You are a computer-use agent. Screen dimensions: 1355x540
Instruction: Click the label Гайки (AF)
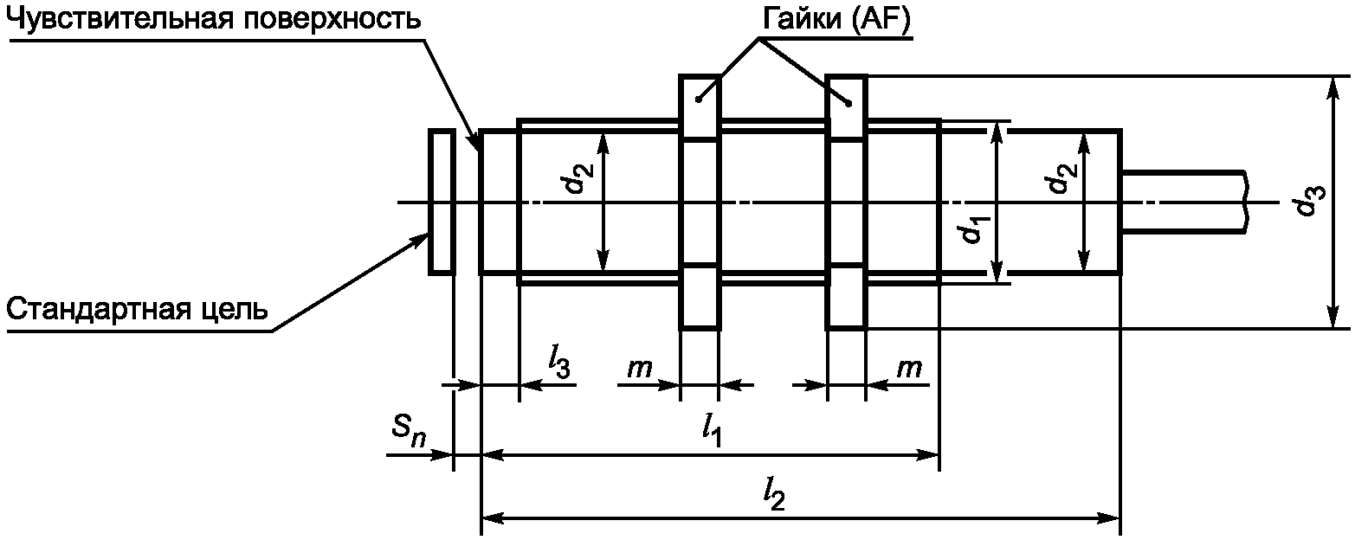(836, 19)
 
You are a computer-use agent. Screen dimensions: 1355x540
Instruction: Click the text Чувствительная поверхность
(214, 19)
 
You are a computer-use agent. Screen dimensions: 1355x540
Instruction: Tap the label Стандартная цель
(137, 310)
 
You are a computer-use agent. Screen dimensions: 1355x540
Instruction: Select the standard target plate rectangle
(442, 202)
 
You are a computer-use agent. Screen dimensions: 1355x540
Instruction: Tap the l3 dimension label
(559, 364)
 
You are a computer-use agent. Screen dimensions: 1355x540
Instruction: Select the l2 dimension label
(774, 496)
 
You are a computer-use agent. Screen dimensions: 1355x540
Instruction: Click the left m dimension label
(639, 367)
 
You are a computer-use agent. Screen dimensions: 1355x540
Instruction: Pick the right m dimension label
(909, 367)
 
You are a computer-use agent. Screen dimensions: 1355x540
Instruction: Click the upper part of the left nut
(700, 107)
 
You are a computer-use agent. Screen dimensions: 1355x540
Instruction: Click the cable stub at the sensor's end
(1184, 202)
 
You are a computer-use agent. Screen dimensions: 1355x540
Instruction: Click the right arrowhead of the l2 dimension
(1111, 518)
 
